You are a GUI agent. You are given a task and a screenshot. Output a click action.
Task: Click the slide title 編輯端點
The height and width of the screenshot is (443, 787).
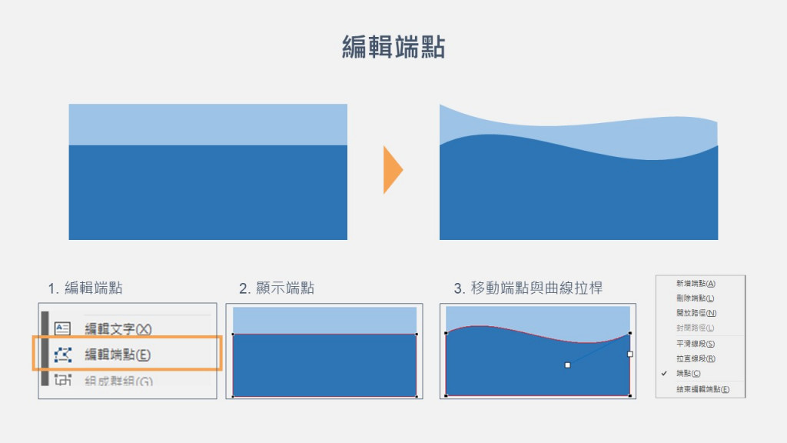[x=393, y=46]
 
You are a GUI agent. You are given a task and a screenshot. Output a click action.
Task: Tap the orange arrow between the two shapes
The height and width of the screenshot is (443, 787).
[x=392, y=169]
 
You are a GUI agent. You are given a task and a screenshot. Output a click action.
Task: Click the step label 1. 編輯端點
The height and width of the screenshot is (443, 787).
[x=85, y=288]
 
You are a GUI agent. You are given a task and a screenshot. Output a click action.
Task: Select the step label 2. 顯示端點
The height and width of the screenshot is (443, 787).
[x=277, y=288]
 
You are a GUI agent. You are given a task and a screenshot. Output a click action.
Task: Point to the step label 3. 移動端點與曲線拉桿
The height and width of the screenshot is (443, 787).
[x=528, y=288]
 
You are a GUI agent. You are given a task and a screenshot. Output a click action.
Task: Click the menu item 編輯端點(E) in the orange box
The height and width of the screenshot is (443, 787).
[x=118, y=355]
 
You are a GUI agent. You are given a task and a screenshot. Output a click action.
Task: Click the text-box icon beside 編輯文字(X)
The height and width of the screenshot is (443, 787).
[x=63, y=328]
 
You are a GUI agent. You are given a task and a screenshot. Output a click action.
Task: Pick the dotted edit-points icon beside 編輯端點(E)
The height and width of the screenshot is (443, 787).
[x=63, y=355]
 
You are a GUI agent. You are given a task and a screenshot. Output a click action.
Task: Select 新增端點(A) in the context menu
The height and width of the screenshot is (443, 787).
[x=696, y=284]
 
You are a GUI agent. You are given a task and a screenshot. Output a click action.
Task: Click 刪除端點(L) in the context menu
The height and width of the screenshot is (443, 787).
[x=696, y=298]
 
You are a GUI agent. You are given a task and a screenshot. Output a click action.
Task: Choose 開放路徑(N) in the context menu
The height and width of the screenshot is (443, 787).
[x=696, y=313]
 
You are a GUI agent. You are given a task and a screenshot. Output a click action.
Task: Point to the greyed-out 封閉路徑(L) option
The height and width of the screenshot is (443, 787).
[x=696, y=328]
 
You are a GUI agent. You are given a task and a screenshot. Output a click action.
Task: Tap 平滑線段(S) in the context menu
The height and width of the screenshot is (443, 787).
[x=696, y=344]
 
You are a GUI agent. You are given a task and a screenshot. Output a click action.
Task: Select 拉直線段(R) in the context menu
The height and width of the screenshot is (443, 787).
[x=696, y=358]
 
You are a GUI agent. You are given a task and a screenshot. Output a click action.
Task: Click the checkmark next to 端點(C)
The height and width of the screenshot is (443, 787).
[x=664, y=373]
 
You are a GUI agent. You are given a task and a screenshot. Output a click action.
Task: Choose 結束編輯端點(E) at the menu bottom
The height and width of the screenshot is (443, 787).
[x=702, y=390]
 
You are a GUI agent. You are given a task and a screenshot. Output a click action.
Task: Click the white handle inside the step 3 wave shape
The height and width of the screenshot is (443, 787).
[x=567, y=365]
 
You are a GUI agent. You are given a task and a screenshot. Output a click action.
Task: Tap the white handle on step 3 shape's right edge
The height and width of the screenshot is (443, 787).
[x=630, y=355]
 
